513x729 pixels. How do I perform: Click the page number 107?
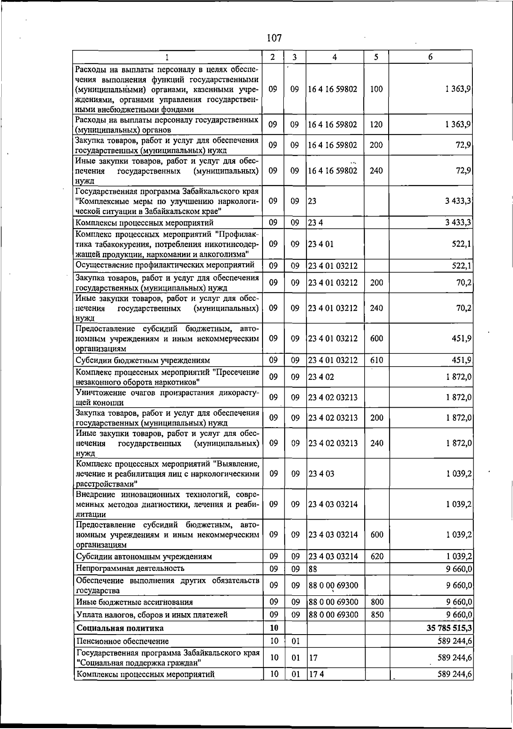pyautogui.click(x=274, y=38)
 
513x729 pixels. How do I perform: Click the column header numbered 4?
pyautogui.click(x=335, y=57)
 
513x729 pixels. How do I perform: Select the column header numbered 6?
pyautogui.click(x=430, y=57)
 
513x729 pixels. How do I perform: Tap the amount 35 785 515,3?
pyautogui.click(x=449, y=628)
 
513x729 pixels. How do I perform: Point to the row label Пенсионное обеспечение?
pyautogui.click(x=122, y=641)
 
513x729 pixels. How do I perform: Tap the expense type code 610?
pyautogui.click(x=377, y=360)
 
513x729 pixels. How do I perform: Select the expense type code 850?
pyautogui.click(x=377, y=615)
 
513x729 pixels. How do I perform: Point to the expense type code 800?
pyautogui.click(x=377, y=602)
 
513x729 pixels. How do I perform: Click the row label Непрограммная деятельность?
pyautogui.click(x=130, y=568)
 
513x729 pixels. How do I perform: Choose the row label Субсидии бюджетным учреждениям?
pyautogui.click(x=143, y=360)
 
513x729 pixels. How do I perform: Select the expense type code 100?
pyautogui.click(x=376, y=89)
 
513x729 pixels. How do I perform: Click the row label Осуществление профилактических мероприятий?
pyautogui.click(x=165, y=265)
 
